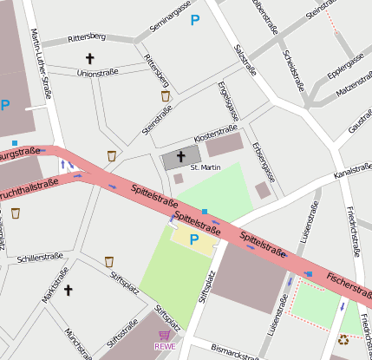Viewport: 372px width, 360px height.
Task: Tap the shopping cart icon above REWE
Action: [x=165, y=335]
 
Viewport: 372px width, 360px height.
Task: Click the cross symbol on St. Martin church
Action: [x=181, y=157]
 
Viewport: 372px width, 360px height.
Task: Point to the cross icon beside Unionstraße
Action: [x=89, y=59]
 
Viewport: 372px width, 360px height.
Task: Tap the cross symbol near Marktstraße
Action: [x=69, y=290]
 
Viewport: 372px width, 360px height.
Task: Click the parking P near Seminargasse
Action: [x=195, y=19]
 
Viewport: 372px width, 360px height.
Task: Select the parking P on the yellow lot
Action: [x=193, y=239]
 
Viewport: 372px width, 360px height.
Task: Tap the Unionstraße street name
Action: [x=97, y=74]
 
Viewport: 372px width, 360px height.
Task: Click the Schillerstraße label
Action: [x=41, y=259]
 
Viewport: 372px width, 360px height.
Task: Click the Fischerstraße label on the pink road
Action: [x=349, y=285]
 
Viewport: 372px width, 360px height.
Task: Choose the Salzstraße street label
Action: [x=245, y=59]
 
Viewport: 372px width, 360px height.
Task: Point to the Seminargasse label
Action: [x=168, y=17]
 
